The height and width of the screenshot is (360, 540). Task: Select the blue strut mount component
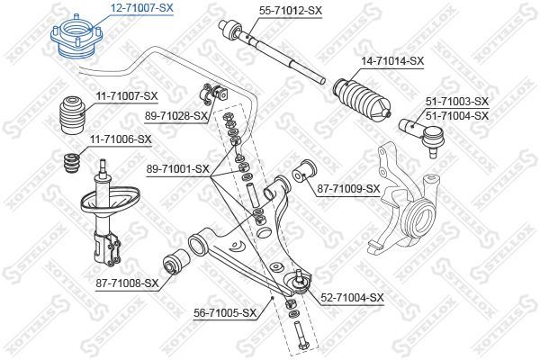[x=77, y=40]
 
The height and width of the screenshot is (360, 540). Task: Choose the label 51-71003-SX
[x=456, y=102]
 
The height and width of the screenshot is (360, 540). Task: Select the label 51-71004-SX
[x=456, y=115]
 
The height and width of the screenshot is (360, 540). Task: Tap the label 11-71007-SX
[x=125, y=95]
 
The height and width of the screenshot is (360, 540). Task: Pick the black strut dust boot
[x=71, y=113]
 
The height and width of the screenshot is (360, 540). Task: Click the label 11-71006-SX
[x=121, y=139]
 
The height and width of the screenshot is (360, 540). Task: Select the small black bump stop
[x=71, y=166]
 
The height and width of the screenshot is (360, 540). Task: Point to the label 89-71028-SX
[x=176, y=116]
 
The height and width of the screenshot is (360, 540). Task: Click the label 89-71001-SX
[x=176, y=167]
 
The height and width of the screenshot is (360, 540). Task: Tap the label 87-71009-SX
[x=349, y=188]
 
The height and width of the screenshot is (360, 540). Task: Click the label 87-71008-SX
[x=126, y=283]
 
